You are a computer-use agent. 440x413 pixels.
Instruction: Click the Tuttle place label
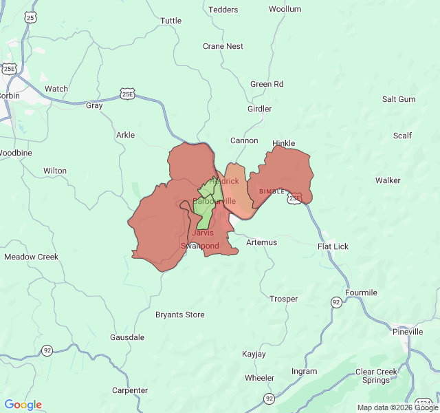point(170,21)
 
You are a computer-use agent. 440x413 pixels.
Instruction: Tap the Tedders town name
point(223,10)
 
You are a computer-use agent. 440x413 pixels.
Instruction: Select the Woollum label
point(285,9)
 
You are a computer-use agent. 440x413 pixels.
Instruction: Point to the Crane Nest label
point(223,46)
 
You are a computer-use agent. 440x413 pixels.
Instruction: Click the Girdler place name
point(259,109)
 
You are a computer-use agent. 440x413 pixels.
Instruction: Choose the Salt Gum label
point(399,99)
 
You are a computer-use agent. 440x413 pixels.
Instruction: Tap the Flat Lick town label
point(333,246)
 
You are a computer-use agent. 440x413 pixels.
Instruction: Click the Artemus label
point(261,242)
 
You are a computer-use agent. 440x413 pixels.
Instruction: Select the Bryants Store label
point(179,315)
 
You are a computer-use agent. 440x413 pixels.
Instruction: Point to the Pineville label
point(408,332)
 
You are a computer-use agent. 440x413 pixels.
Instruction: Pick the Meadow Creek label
point(31,257)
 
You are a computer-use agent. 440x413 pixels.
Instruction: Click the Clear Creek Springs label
point(376,376)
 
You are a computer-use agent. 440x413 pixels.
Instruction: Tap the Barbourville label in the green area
point(214,201)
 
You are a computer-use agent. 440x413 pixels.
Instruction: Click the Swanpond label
point(200,246)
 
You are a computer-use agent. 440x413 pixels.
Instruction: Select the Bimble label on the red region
point(272,191)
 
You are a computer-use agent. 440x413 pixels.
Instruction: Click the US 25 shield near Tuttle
point(30,17)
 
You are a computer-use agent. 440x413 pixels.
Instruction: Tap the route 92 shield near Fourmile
point(335,302)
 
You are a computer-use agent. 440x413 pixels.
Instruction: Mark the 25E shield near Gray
point(126,93)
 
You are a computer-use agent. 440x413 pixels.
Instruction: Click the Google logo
point(23,405)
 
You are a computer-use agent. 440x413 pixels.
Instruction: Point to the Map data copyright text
point(397,407)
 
